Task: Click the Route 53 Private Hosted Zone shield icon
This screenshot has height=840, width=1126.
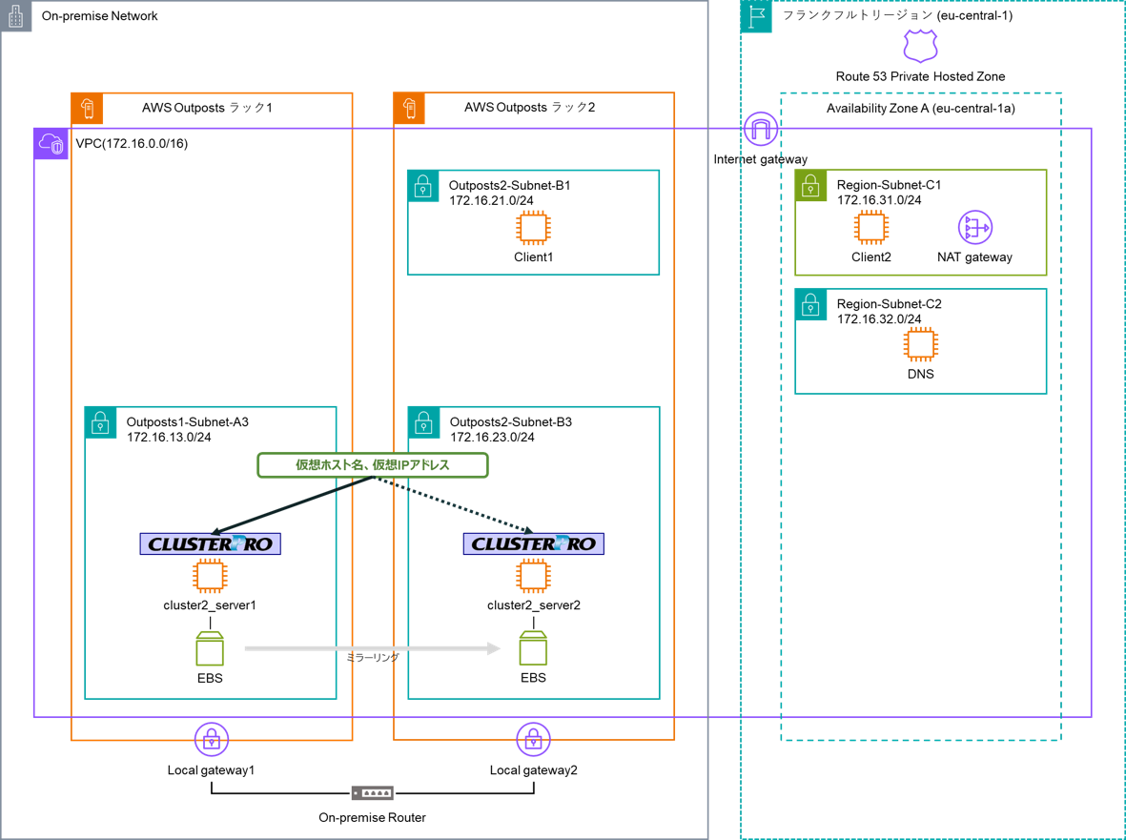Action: coord(920,45)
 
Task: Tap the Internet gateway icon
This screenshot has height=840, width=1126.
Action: coord(760,129)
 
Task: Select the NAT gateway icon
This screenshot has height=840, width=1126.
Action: coord(974,228)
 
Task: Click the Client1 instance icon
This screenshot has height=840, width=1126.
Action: coord(533,228)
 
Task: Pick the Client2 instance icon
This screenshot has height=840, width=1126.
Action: coord(870,228)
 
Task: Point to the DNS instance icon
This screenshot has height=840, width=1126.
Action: coord(920,344)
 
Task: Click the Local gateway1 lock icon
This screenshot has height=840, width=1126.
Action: coord(211,739)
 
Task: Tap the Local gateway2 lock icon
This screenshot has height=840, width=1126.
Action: coord(533,739)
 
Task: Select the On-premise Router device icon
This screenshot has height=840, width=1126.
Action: coord(372,793)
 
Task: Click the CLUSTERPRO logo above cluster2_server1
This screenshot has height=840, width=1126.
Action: coord(211,543)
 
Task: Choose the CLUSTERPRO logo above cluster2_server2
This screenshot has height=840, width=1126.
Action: coord(533,543)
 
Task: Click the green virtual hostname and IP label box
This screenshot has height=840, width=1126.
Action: coord(373,465)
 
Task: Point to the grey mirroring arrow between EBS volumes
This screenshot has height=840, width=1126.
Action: coord(372,648)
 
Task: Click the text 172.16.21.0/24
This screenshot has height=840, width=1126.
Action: coord(492,200)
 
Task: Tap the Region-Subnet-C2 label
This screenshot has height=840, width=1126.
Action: coord(889,304)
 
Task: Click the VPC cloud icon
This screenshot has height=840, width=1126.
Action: coord(51,144)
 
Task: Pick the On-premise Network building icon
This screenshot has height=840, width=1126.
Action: coord(15,15)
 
